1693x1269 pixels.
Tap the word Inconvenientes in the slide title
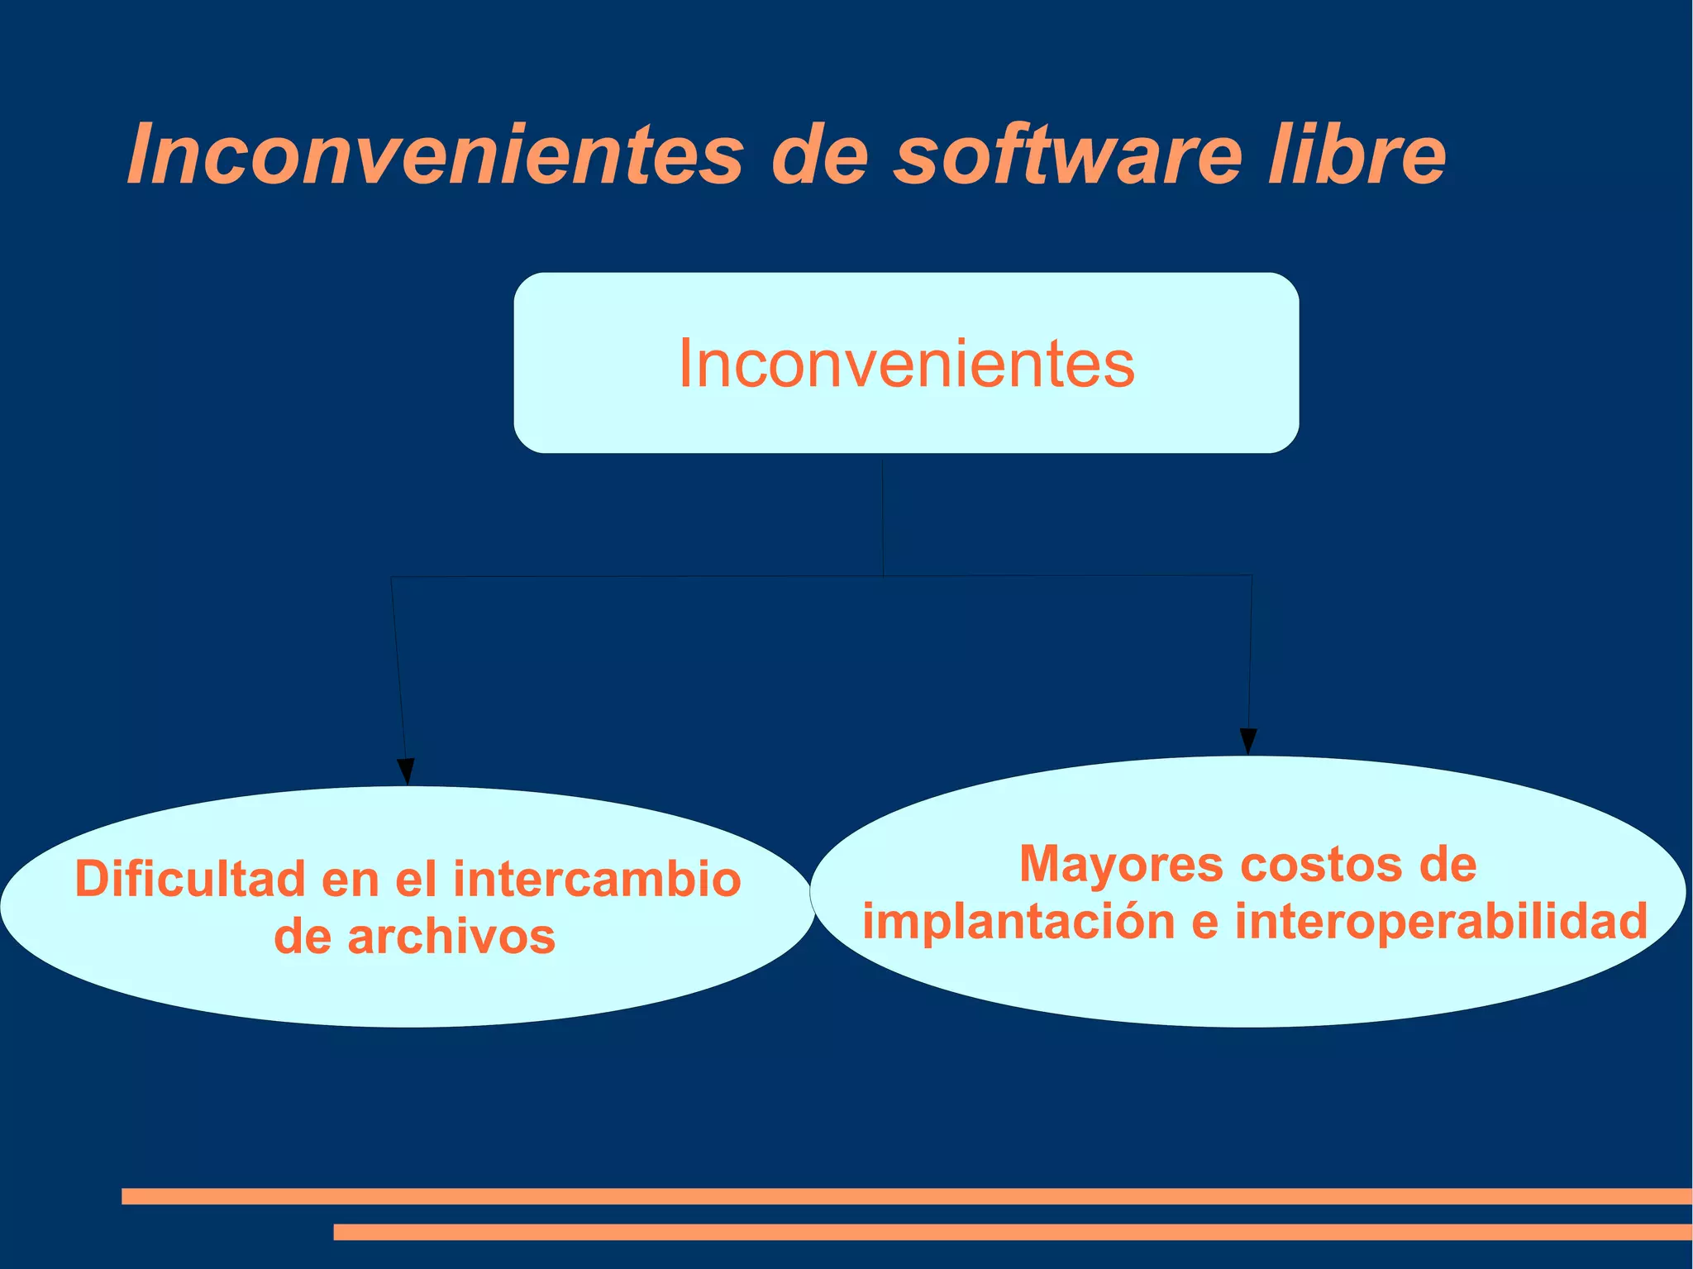(x=436, y=155)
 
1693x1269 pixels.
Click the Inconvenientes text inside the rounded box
(x=906, y=364)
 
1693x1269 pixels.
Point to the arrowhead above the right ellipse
(x=1248, y=741)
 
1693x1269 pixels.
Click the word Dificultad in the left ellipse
(x=190, y=878)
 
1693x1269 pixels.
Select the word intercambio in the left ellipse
(x=597, y=878)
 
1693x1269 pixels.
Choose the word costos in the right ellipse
(x=1320, y=865)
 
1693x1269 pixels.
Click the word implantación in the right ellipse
(x=1018, y=922)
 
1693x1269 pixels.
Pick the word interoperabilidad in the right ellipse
(x=1441, y=922)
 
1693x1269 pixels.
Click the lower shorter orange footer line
(x=1012, y=1232)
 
